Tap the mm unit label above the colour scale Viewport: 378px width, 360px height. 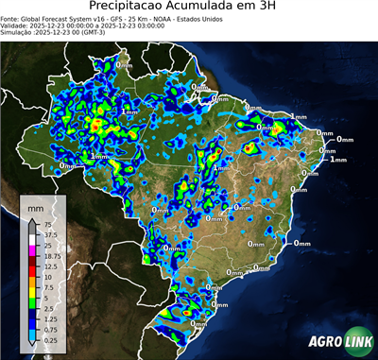pyautogui.click(x=36, y=205)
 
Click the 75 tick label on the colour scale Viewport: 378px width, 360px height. pyautogui.click(x=50, y=225)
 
